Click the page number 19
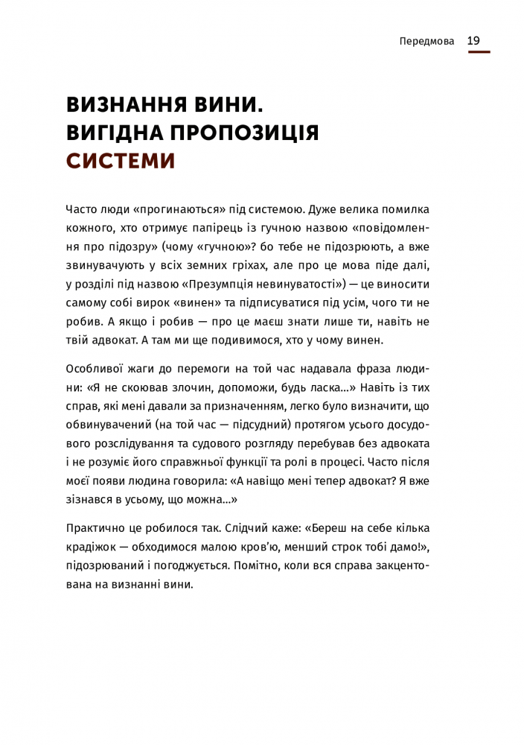474,41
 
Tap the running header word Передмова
426,42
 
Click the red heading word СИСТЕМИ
121,161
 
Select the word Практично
95,528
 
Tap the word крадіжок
91,548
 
